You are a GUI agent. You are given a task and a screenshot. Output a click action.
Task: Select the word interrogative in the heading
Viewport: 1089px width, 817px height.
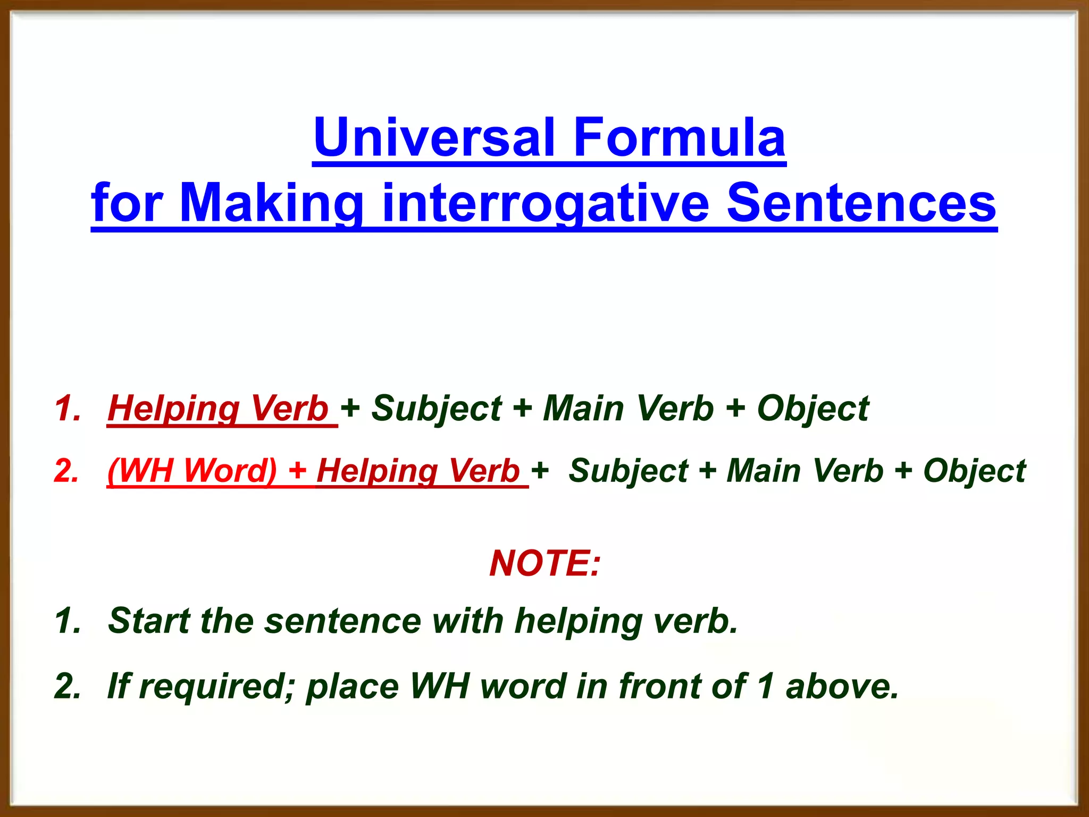coord(545,203)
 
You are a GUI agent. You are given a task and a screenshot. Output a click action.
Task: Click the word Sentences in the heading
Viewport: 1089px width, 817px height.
coord(861,203)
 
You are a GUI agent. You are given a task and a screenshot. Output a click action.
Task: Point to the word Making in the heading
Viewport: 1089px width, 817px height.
coord(271,203)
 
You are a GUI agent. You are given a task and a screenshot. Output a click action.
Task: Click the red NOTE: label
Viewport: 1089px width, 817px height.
coord(544,563)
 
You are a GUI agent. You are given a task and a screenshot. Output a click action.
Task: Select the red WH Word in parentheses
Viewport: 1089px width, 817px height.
coord(192,471)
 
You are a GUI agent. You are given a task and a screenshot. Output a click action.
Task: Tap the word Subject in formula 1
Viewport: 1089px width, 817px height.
coord(436,408)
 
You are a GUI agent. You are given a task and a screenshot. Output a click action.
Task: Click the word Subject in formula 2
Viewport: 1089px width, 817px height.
coord(628,471)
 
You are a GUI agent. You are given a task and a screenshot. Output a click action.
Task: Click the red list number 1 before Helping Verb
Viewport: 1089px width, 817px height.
coord(67,408)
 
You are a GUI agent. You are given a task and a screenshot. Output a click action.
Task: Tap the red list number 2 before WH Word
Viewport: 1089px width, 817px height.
coord(67,471)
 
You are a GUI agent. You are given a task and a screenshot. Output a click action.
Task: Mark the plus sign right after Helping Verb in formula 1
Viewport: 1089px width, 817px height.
coord(350,408)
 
